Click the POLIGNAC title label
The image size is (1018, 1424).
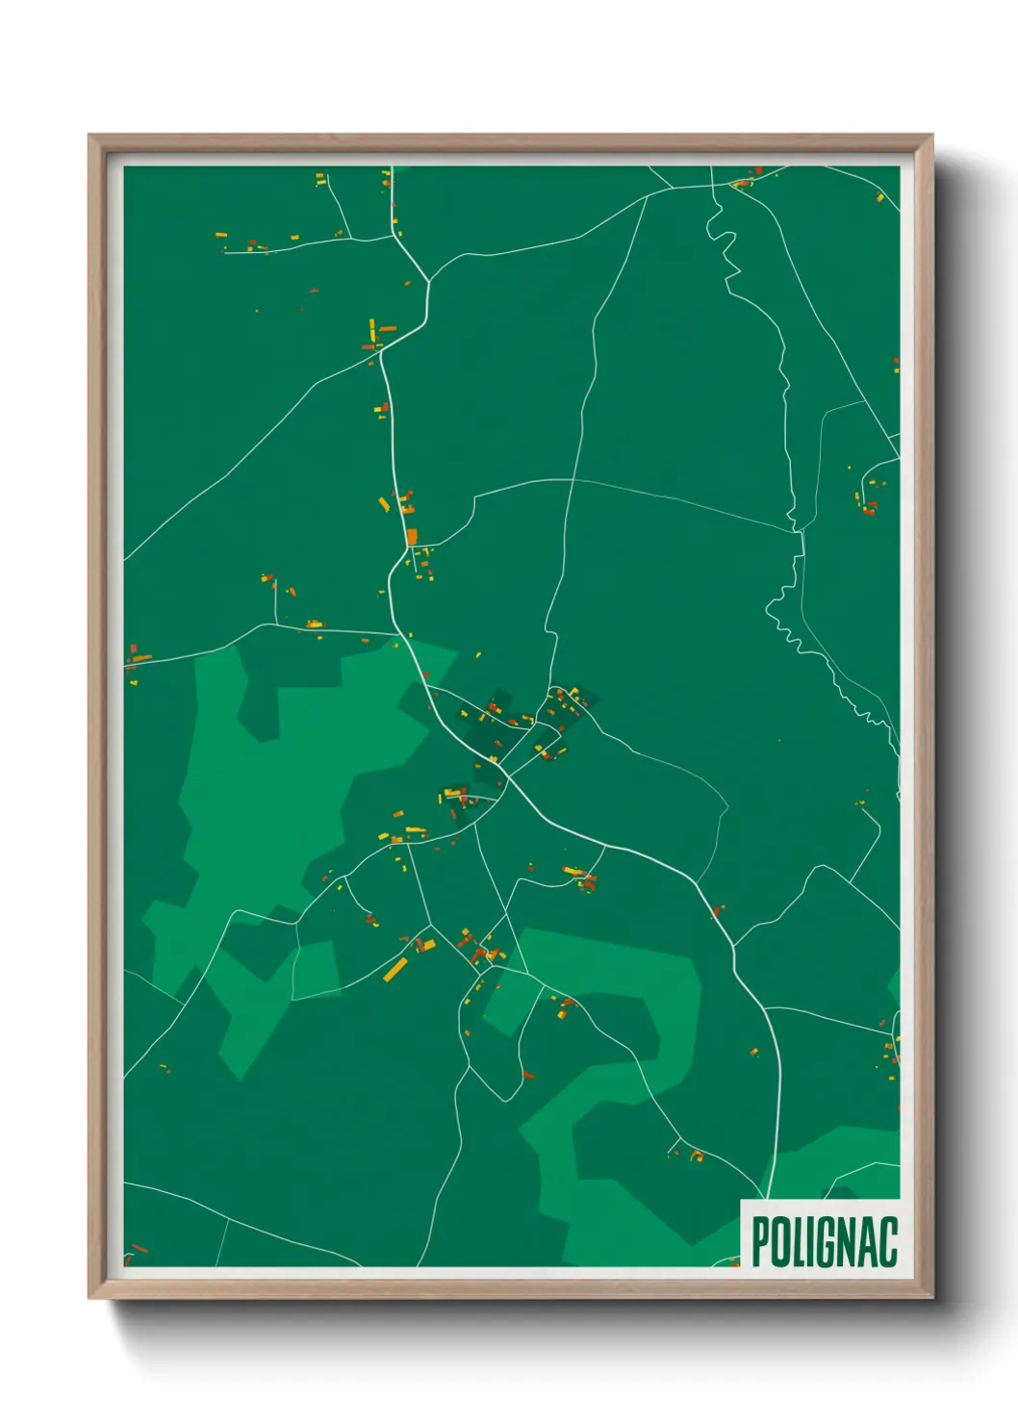coord(824,1241)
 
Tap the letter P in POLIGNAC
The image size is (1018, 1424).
coord(760,1241)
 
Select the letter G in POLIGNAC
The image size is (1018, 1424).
coord(829,1241)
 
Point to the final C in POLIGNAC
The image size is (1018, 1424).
coord(887,1241)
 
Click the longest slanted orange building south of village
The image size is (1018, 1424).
coord(396,969)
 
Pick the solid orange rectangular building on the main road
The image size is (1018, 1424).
coord(412,536)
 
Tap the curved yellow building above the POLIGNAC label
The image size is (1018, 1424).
coord(697,1156)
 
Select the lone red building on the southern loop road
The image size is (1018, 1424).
coord(526,1075)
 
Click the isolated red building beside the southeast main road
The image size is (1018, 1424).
coord(718,909)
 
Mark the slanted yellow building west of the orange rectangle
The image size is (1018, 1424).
coord(384,504)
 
